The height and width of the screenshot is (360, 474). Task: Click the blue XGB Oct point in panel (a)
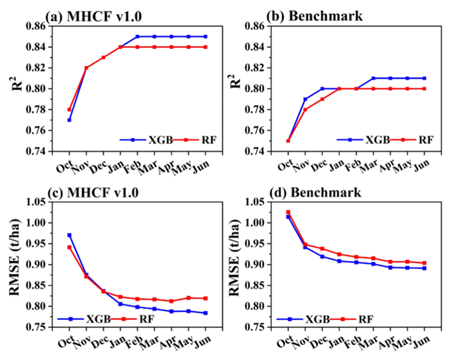coord(69,120)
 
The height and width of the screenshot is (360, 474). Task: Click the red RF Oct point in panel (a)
coord(69,110)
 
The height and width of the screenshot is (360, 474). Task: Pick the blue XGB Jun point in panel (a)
coord(205,37)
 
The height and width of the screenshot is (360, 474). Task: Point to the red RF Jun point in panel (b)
coord(424,89)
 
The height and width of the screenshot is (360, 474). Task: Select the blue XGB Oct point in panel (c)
coord(69,235)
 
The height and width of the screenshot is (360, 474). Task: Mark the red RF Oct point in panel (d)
coord(288,212)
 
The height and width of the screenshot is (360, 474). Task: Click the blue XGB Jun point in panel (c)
coord(205,313)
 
